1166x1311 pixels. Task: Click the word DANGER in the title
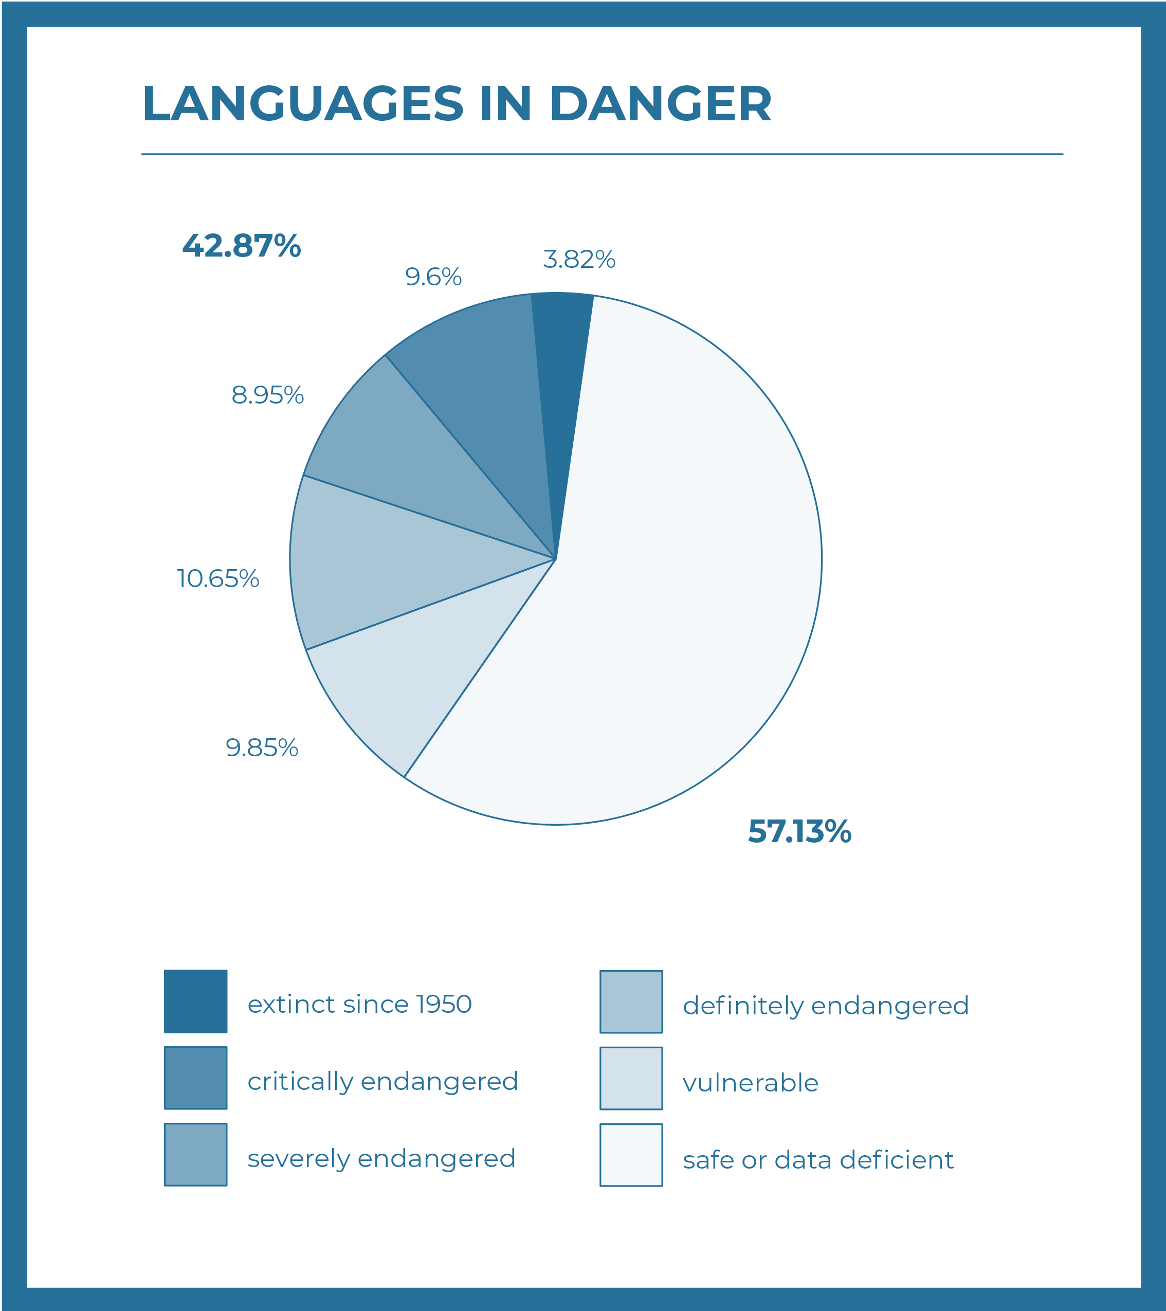(660, 103)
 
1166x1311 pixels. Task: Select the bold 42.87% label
(241, 246)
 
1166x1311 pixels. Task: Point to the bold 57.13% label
(799, 831)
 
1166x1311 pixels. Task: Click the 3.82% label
(578, 259)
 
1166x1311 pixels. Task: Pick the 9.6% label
(433, 277)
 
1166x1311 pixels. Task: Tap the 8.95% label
(267, 395)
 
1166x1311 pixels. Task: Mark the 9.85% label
(262, 748)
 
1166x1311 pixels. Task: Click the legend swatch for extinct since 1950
(195, 1001)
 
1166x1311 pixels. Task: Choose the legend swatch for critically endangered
(195, 1078)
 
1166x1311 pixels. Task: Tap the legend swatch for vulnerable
(631, 1079)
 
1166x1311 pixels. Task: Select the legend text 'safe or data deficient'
(818, 1160)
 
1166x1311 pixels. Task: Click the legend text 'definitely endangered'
(826, 1006)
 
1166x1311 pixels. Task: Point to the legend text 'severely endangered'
(381, 1158)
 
